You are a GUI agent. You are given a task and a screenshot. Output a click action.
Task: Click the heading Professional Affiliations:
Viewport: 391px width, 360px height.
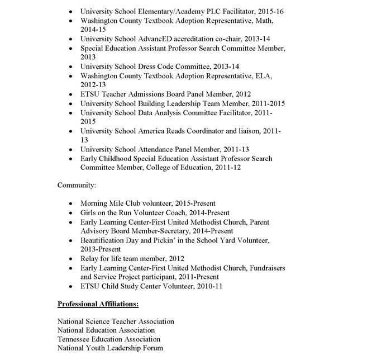pos(98,304)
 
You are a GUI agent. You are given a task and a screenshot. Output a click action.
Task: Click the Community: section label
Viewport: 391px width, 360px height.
pos(77,184)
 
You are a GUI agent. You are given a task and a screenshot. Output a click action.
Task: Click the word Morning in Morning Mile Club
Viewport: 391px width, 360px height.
pos(94,203)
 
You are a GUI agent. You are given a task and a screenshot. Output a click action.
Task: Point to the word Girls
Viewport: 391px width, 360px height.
pos(89,212)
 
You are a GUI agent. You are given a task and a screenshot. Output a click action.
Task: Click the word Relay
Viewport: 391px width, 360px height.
pos(90,258)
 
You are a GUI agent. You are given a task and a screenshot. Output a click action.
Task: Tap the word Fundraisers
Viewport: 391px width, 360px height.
pos(265,268)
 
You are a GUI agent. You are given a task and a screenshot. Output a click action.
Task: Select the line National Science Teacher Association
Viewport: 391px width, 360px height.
pos(116,321)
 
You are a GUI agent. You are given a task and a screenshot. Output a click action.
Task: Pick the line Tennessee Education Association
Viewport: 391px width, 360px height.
pos(108,339)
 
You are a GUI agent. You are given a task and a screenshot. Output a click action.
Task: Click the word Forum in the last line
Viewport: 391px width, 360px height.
pos(151,348)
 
